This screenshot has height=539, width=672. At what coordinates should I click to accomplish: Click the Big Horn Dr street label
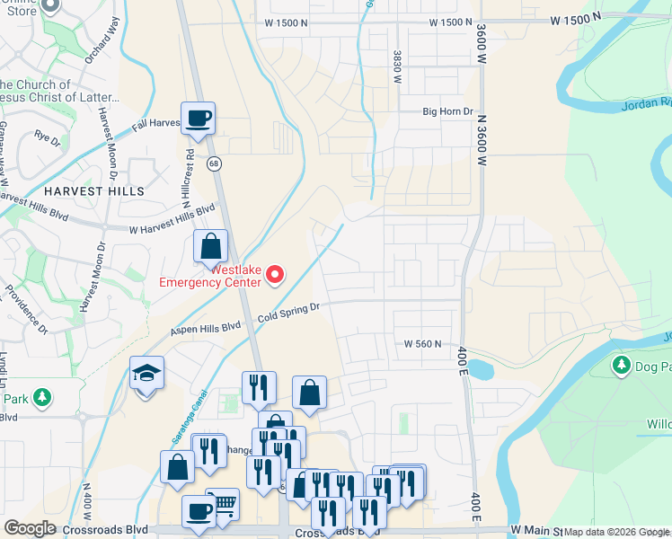point(447,111)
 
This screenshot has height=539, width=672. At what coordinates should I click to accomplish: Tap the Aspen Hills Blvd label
point(207,329)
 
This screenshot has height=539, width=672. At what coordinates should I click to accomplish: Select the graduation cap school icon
point(146,373)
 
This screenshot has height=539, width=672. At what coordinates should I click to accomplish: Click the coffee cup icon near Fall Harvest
point(198,118)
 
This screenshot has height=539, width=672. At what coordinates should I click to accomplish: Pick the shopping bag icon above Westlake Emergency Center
point(210,245)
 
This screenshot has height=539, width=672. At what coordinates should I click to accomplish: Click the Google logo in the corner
point(30,528)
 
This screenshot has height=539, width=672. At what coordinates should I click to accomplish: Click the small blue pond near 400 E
point(480,368)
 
